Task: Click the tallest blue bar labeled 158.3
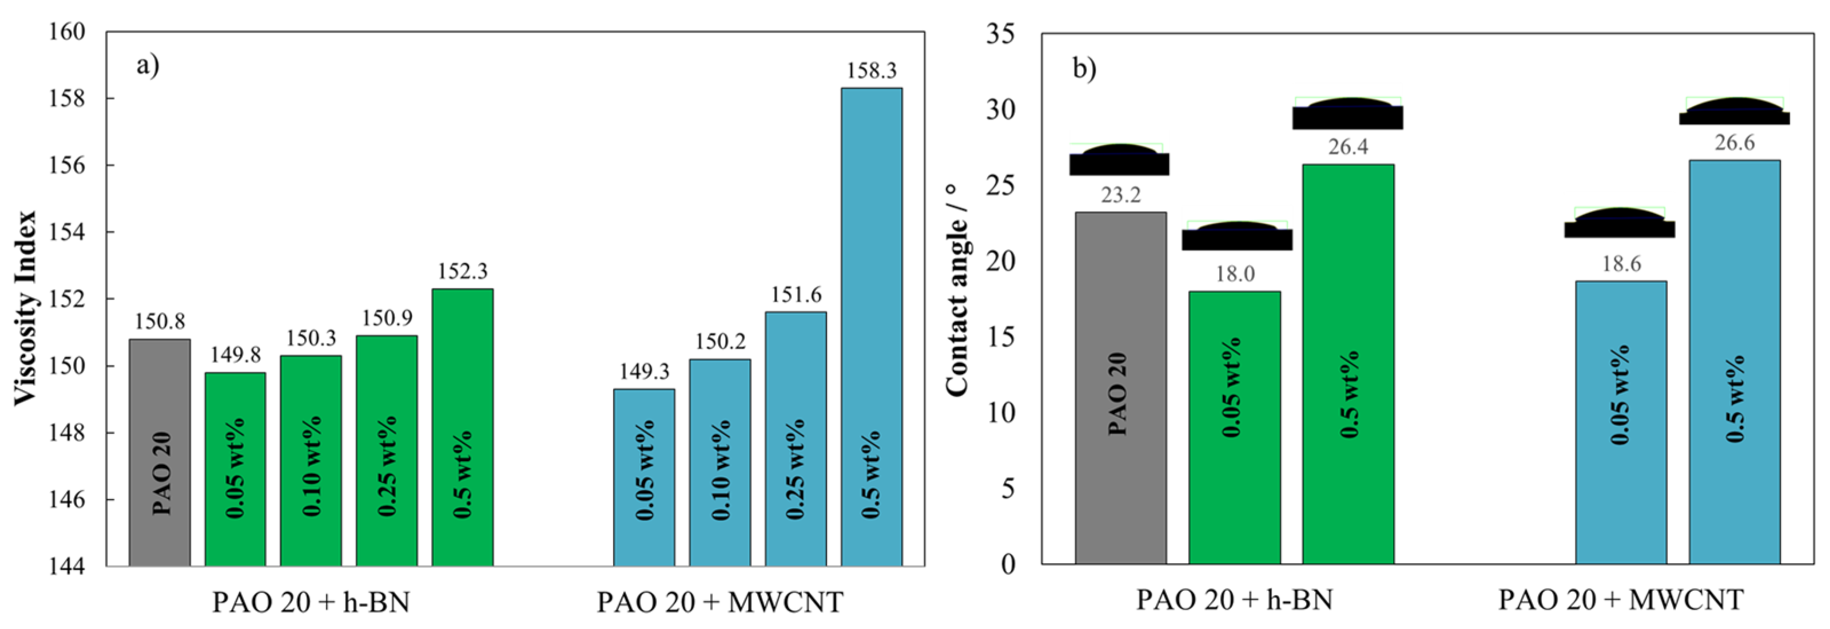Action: click(871, 327)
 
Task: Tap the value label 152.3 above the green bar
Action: click(463, 271)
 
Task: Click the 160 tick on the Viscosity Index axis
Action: click(68, 32)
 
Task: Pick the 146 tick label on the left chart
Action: click(68, 500)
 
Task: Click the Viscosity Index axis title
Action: click(26, 308)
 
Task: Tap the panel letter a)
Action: click(148, 66)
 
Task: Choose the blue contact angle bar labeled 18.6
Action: click(1621, 422)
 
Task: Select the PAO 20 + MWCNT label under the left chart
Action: click(719, 603)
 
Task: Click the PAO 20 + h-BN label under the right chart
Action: click(1234, 600)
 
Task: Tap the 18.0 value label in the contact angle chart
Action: click(1235, 274)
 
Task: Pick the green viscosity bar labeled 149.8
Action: click(235, 469)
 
